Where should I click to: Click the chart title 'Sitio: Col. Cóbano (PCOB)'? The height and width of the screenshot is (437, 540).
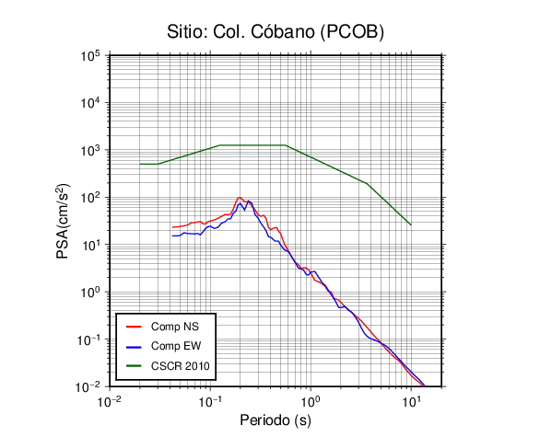tap(276, 32)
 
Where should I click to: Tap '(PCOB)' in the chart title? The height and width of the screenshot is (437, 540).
tap(352, 33)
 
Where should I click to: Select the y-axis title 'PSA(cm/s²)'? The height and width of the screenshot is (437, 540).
tap(63, 221)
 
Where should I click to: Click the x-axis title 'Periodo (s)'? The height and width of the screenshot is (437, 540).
tap(276, 420)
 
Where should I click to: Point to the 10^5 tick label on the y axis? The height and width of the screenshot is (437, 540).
tap(90, 56)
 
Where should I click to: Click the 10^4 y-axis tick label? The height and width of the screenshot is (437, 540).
tap(90, 103)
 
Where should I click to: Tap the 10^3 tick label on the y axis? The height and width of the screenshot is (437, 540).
tap(90, 150)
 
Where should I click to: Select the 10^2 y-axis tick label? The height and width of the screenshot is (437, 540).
tap(90, 198)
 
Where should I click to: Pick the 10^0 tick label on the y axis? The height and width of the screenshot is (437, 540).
tap(90, 292)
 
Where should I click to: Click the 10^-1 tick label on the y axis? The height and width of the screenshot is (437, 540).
tap(88, 339)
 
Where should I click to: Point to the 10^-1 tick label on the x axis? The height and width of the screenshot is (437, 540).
tap(210, 402)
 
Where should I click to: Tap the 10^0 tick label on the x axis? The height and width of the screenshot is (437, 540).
tap(311, 402)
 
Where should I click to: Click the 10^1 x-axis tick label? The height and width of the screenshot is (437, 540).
tap(411, 402)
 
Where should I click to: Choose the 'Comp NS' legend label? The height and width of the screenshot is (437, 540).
tap(175, 327)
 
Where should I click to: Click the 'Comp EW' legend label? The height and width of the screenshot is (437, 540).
tap(176, 346)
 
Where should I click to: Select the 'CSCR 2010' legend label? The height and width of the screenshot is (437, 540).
tap(180, 366)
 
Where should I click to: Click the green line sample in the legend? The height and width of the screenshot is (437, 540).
tap(134, 366)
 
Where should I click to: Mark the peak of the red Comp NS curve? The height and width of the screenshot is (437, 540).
tap(240, 198)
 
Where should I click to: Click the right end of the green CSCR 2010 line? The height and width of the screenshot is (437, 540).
tap(411, 225)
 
